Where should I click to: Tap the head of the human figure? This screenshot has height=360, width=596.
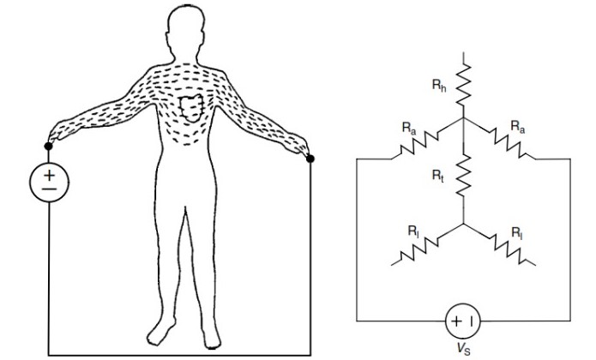pos(190,32)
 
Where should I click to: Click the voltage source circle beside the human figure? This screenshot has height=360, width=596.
pos(48,183)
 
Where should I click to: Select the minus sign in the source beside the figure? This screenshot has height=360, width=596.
pos(48,191)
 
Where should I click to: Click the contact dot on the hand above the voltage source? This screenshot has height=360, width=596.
pos(49,147)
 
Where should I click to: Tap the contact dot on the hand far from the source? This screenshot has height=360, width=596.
pos(310,158)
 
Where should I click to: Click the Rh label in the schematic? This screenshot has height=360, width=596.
pos(440,86)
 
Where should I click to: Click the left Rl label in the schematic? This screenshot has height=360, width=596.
pos(412,231)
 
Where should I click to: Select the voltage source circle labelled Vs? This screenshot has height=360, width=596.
pos(463,321)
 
